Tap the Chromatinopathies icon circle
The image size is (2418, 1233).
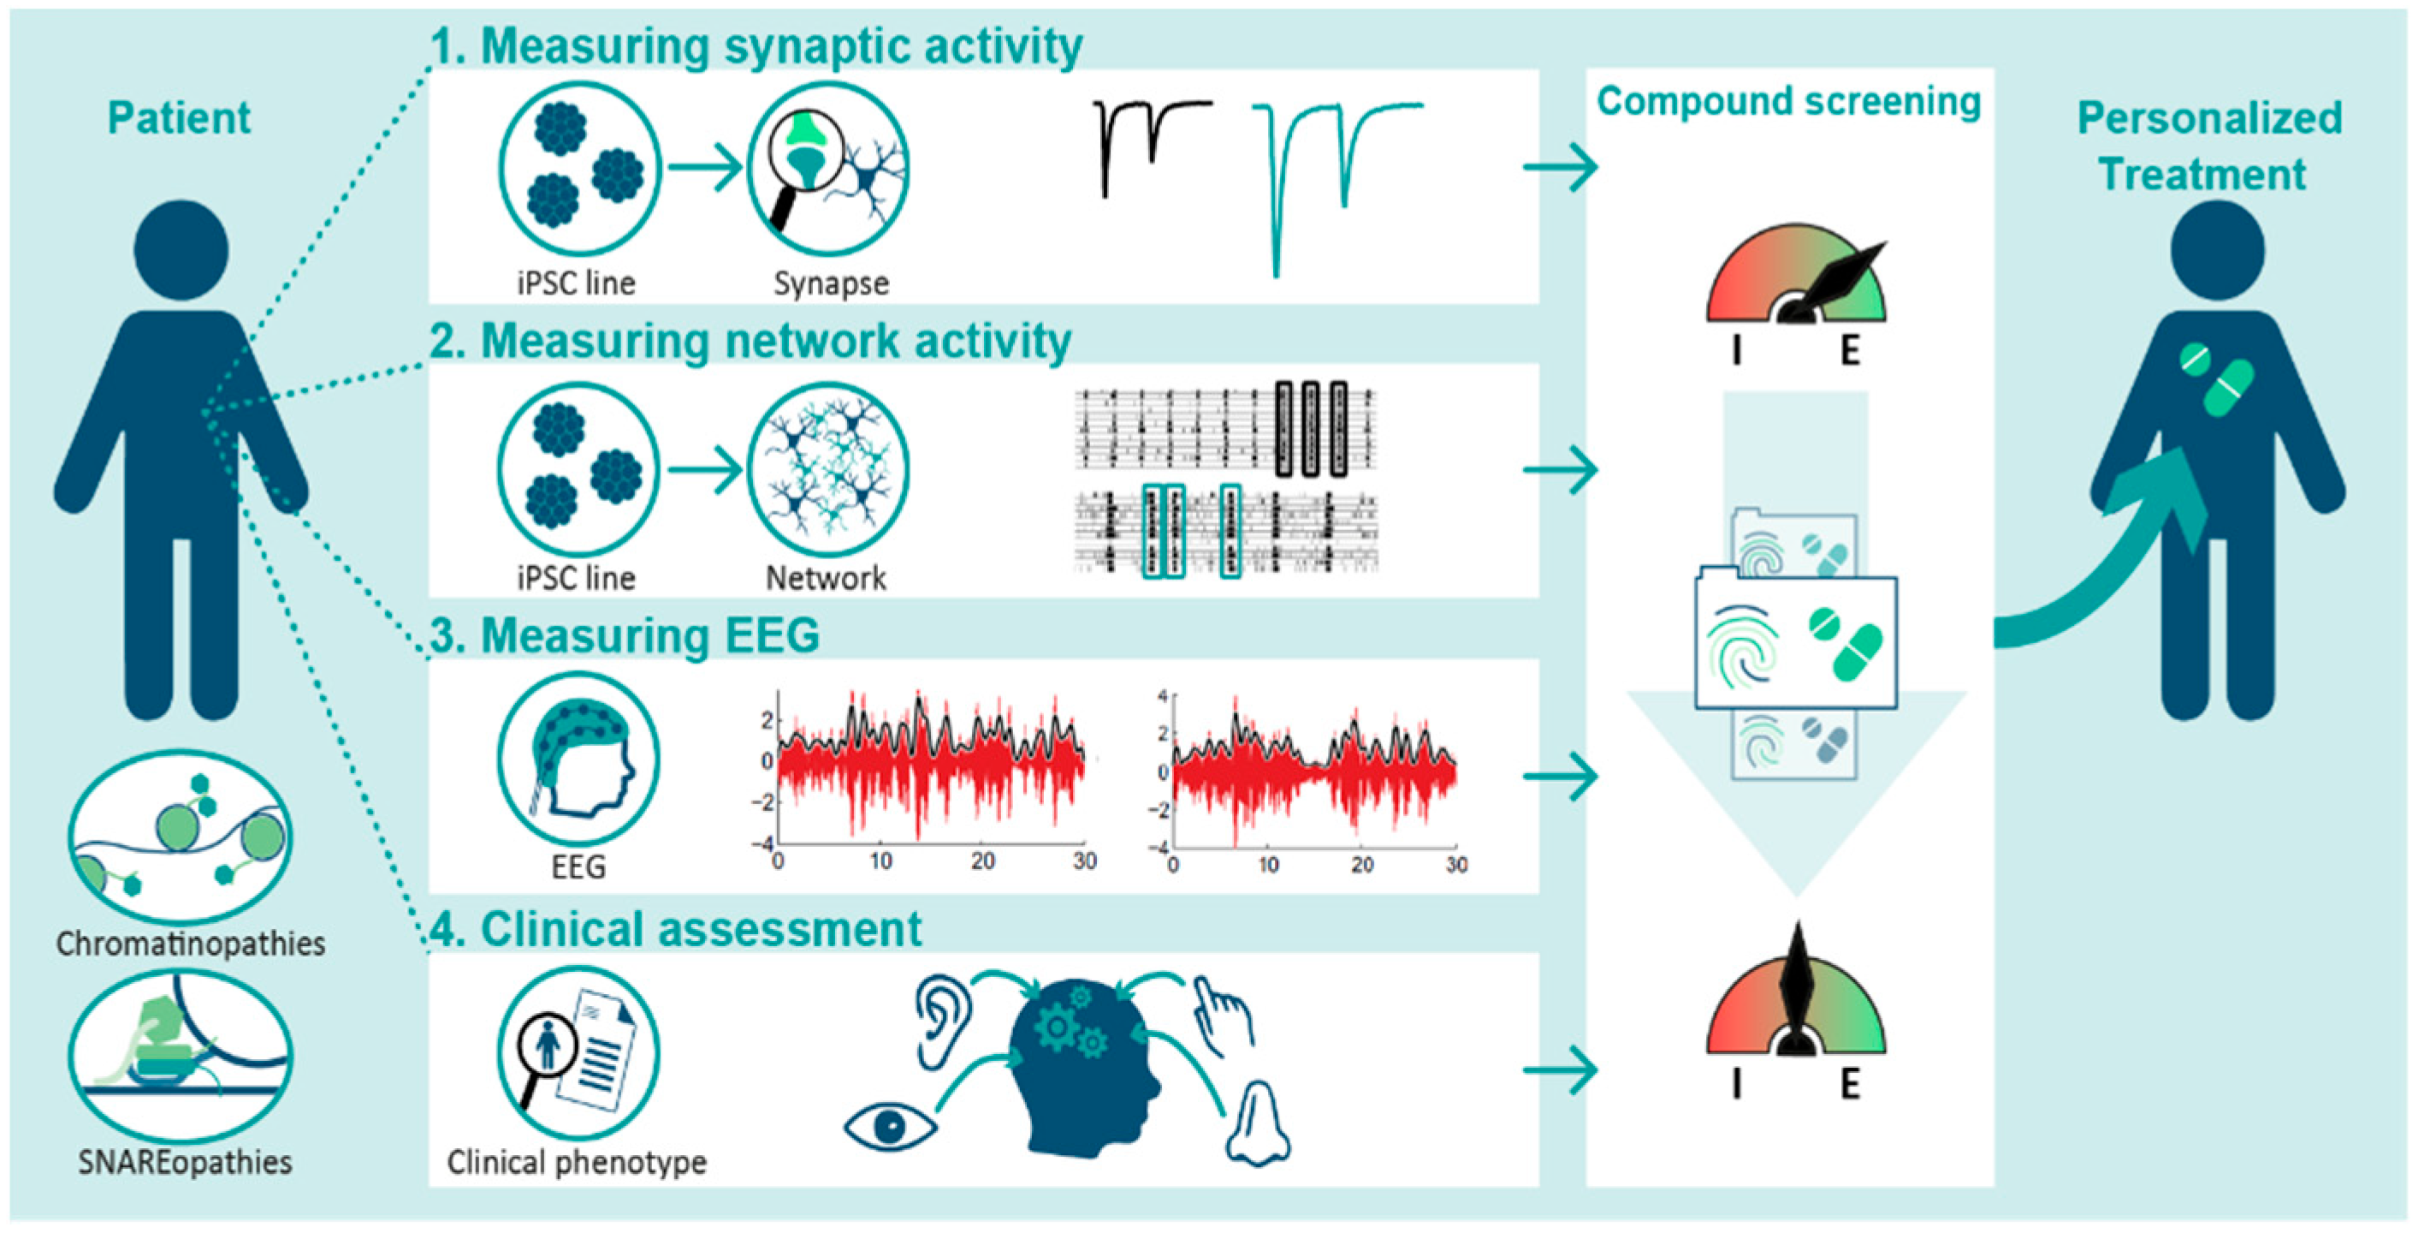pyautogui.click(x=181, y=835)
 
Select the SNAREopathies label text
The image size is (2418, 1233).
pyautogui.click(x=185, y=1163)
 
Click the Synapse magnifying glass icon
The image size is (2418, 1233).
pyautogui.click(x=828, y=169)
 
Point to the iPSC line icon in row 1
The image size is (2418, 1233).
pyautogui.click(x=578, y=169)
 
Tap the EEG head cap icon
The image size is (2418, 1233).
pyautogui.click(x=578, y=759)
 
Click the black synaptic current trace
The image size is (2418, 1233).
pyautogui.click(x=1147, y=141)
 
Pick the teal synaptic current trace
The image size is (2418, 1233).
pyautogui.click(x=1333, y=169)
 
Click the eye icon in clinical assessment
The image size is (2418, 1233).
pyautogui.click(x=889, y=1126)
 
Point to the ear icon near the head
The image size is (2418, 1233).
pyautogui.click(x=940, y=1022)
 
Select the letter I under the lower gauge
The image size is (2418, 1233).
pyautogui.click(x=1737, y=1084)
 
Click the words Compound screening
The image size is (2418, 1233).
pyautogui.click(x=1788, y=101)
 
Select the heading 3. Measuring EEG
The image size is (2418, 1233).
pyautogui.click(x=625, y=634)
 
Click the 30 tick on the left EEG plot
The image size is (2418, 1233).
pyautogui.click(x=1084, y=861)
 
